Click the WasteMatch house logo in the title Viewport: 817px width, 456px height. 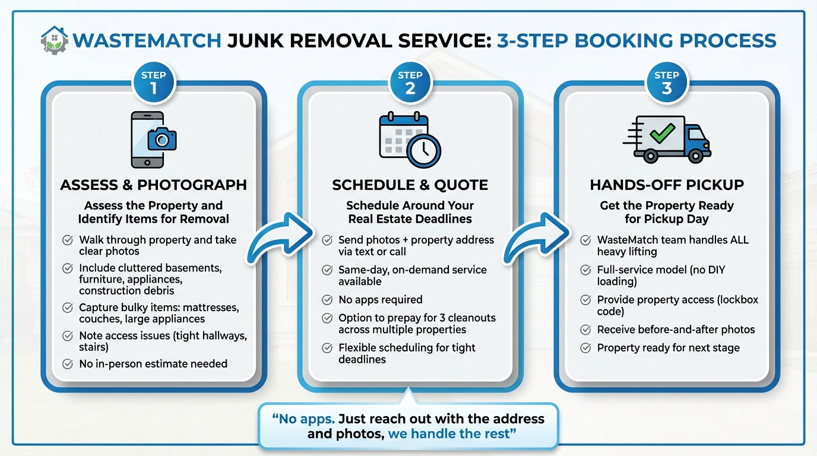54,40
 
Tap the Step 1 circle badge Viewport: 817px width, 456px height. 153,84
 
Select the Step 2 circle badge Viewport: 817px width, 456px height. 410,84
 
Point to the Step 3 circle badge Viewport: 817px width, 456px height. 666,84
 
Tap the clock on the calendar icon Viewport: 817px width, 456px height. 424,151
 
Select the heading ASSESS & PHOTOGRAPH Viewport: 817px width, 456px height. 153,185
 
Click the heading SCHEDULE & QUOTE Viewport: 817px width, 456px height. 410,185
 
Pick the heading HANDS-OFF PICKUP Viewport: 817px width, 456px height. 666,185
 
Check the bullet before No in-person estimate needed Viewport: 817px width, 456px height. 68,364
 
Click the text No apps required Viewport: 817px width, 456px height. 380,300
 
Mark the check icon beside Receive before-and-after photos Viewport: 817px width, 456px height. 585,330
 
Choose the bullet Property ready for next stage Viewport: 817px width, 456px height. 668,348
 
